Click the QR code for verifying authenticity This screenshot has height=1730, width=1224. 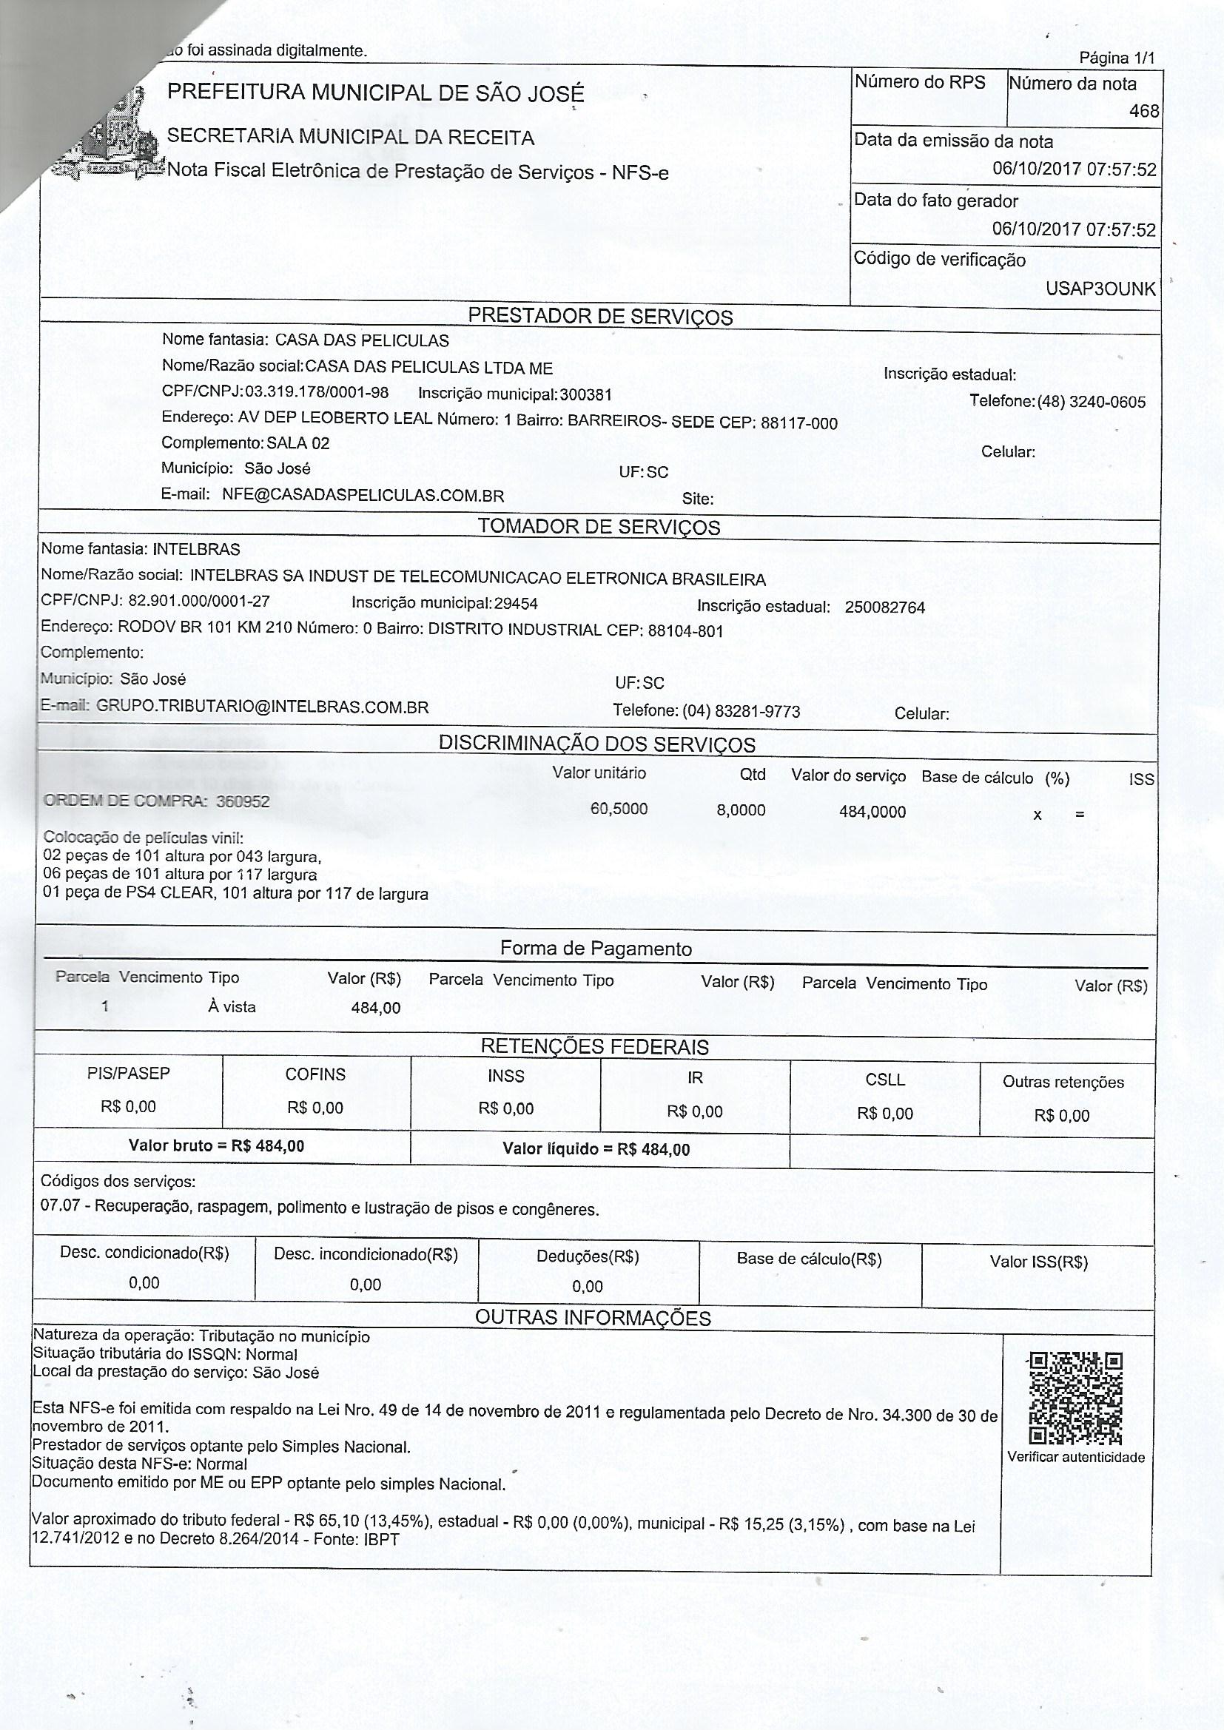point(1075,1397)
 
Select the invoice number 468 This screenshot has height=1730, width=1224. point(1143,112)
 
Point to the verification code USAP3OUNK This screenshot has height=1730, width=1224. point(1100,289)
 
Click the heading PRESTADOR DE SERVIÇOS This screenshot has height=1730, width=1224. point(600,317)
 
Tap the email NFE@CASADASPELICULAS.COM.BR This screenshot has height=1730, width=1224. point(363,496)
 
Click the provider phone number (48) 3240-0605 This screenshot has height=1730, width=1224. point(1092,402)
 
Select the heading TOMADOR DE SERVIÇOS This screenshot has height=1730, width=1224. point(599,527)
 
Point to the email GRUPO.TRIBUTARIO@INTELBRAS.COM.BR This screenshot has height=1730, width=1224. point(263,707)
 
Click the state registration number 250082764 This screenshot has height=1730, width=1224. point(885,607)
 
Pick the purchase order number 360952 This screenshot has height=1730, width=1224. point(243,801)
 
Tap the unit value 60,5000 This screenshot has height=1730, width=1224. point(619,810)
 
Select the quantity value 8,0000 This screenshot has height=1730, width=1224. point(741,810)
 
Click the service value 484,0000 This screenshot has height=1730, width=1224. point(872,812)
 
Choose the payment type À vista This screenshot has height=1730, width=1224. point(232,1006)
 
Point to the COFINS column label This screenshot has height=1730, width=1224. point(315,1074)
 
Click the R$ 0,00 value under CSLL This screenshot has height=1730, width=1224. point(885,1114)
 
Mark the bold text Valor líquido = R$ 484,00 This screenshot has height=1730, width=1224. point(596,1149)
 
